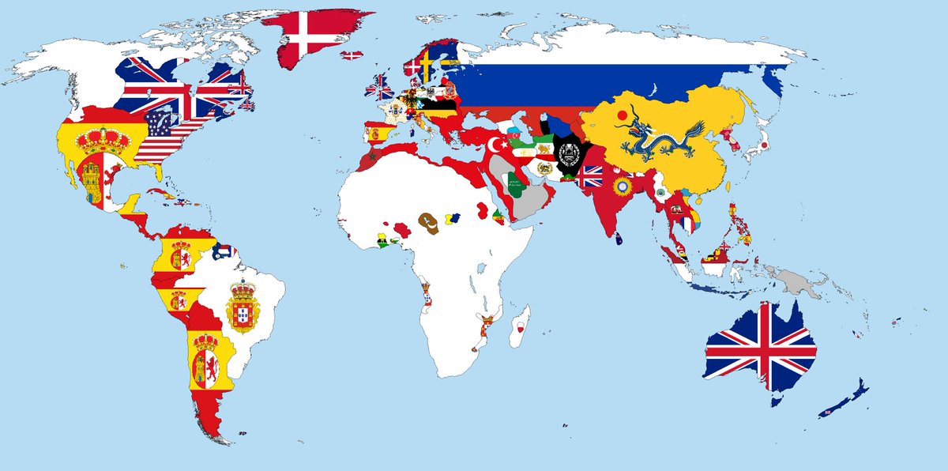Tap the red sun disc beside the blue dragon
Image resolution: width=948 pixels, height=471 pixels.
click(x=623, y=115)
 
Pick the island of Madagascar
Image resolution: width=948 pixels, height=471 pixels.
click(x=520, y=327)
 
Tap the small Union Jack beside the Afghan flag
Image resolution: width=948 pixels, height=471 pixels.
click(x=589, y=176)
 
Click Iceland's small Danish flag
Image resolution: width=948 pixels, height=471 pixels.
click(x=352, y=55)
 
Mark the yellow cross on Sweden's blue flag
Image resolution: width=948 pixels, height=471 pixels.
click(x=427, y=64)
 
